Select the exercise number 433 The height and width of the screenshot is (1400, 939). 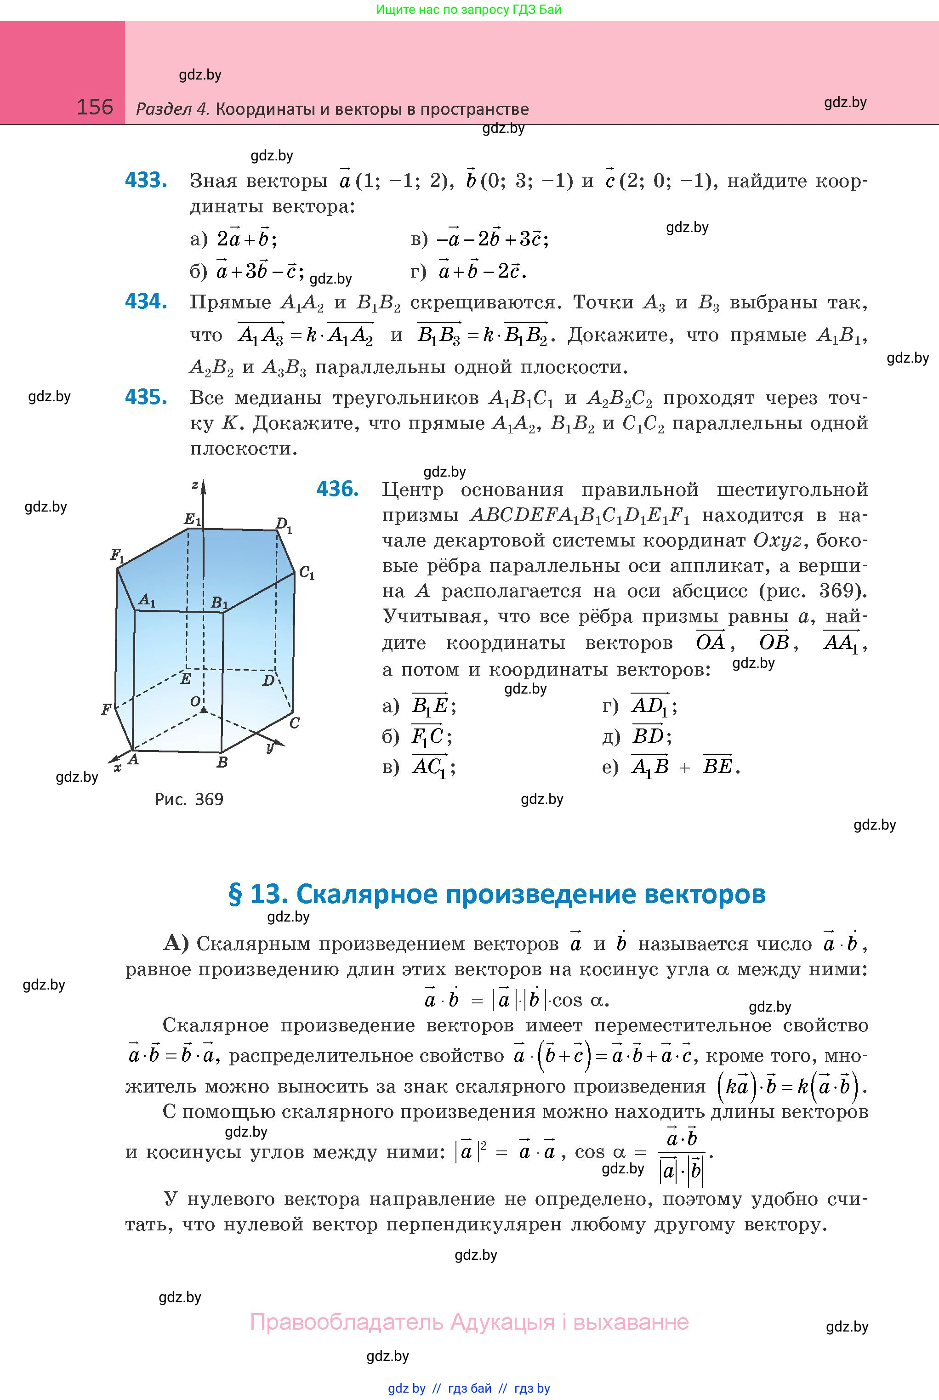146,180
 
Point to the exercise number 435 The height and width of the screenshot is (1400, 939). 146,397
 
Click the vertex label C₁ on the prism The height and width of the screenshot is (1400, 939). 307,573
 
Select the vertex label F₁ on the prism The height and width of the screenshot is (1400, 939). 117,555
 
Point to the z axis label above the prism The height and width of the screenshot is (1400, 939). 194,485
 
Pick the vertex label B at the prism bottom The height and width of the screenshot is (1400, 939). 222,762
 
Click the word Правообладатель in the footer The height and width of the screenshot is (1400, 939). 346,1321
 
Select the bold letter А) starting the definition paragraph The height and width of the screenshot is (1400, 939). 176,943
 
